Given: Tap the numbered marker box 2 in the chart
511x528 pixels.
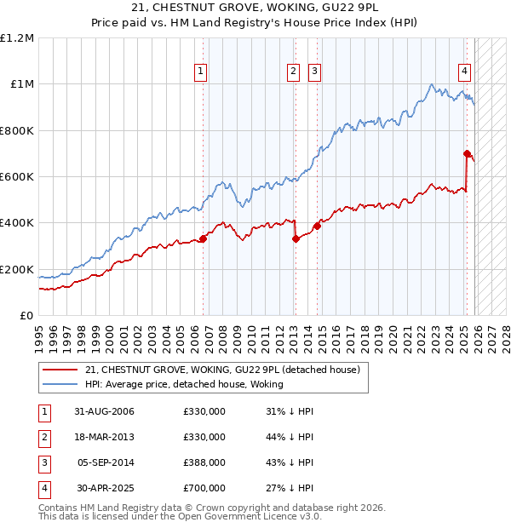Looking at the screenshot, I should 293,72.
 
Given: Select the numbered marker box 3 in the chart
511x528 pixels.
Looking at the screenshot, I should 314,72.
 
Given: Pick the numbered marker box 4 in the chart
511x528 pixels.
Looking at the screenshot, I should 465,72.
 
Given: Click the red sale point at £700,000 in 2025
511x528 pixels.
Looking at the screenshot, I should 467,153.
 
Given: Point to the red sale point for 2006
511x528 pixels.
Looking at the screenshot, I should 203,238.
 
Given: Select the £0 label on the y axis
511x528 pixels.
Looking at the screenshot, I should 26,316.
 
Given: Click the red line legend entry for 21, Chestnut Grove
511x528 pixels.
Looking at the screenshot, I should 223,370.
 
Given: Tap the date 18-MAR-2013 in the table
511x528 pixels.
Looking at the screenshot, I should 105,437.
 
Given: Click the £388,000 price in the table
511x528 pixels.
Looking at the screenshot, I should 204,462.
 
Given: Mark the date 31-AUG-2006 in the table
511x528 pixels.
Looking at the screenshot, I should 105,411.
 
